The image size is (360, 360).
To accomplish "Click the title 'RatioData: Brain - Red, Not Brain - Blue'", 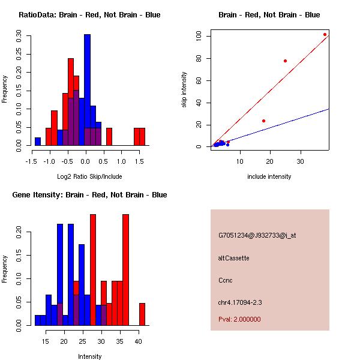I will click(x=89, y=15).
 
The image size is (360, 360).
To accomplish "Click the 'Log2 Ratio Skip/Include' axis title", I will click(x=89, y=176).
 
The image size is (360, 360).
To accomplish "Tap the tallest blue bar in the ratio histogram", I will click(x=87, y=90).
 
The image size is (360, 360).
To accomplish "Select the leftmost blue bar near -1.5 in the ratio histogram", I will click(x=38, y=142).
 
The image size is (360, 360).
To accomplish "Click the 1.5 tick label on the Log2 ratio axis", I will click(x=139, y=160).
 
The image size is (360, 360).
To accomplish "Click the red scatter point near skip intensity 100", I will click(x=325, y=35).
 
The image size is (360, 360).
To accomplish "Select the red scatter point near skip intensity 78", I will click(x=285, y=61).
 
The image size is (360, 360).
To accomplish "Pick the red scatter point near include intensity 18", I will click(x=263, y=121).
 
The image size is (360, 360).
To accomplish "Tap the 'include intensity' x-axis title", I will click(x=269, y=176).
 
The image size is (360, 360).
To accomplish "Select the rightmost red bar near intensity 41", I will click(x=142, y=314).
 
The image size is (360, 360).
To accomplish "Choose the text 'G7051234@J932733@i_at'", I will click(x=257, y=235).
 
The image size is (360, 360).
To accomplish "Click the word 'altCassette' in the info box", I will click(x=233, y=258).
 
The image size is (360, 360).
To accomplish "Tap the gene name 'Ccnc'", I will click(x=226, y=280).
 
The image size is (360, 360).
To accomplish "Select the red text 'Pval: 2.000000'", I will click(x=239, y=319).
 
